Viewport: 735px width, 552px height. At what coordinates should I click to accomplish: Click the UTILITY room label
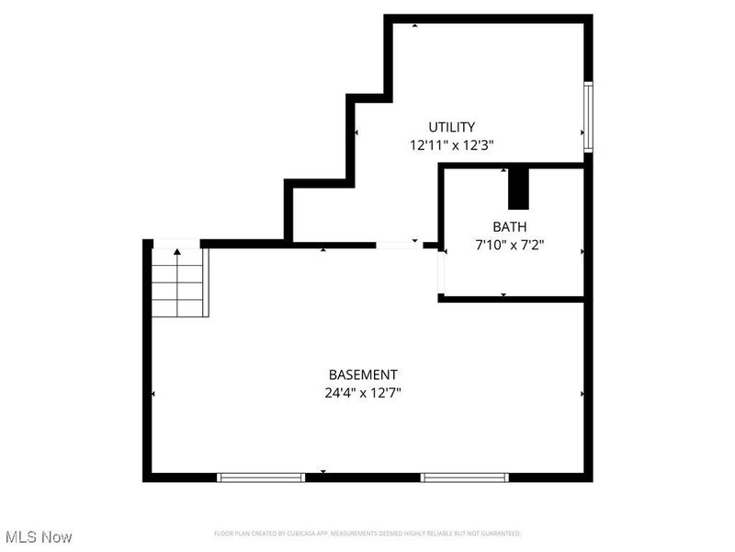(452, 127)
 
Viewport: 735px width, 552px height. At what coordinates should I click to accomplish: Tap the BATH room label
(510, 226)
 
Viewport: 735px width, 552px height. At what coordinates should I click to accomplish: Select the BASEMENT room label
(363, 374)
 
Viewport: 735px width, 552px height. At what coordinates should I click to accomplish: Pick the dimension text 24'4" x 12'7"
(365, 392)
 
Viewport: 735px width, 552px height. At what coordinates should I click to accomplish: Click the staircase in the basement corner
(180, 282)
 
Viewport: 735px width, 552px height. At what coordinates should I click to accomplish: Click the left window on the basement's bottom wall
(260, 477)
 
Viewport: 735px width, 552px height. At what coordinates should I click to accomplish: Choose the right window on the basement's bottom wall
(464, 477)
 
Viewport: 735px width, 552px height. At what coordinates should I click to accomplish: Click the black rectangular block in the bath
(519, 189)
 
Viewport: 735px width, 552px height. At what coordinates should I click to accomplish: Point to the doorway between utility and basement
(396, 245)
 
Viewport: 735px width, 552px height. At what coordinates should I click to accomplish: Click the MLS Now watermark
(39, 536)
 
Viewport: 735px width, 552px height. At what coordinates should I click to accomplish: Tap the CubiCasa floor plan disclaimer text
(367, 533)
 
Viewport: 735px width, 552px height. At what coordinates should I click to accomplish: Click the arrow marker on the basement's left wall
(153, 394)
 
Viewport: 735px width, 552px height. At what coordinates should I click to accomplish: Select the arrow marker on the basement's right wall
(582, 394)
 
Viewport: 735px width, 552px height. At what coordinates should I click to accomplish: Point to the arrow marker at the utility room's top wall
(414, 25)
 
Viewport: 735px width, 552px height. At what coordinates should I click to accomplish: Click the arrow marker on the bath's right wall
(582, 249)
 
